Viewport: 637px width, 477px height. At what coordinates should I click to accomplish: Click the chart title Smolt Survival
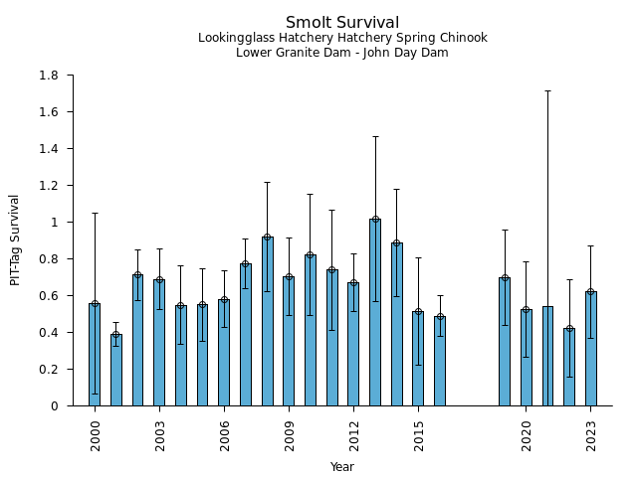(341, 23)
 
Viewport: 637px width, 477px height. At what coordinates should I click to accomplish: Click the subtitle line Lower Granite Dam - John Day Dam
(341, 53)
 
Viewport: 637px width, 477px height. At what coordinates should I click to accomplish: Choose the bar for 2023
(591, 349)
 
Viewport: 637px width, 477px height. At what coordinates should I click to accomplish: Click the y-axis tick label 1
(55, 223)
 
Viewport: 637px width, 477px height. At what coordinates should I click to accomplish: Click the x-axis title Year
(341, 467)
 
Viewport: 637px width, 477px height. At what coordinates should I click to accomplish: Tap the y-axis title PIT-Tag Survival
(15, 239)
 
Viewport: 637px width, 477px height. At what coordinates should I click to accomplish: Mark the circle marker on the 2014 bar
(397, 242)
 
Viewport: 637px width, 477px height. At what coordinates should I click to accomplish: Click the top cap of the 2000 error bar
(95, 213)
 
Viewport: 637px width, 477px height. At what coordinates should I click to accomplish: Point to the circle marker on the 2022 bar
(569, 328)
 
